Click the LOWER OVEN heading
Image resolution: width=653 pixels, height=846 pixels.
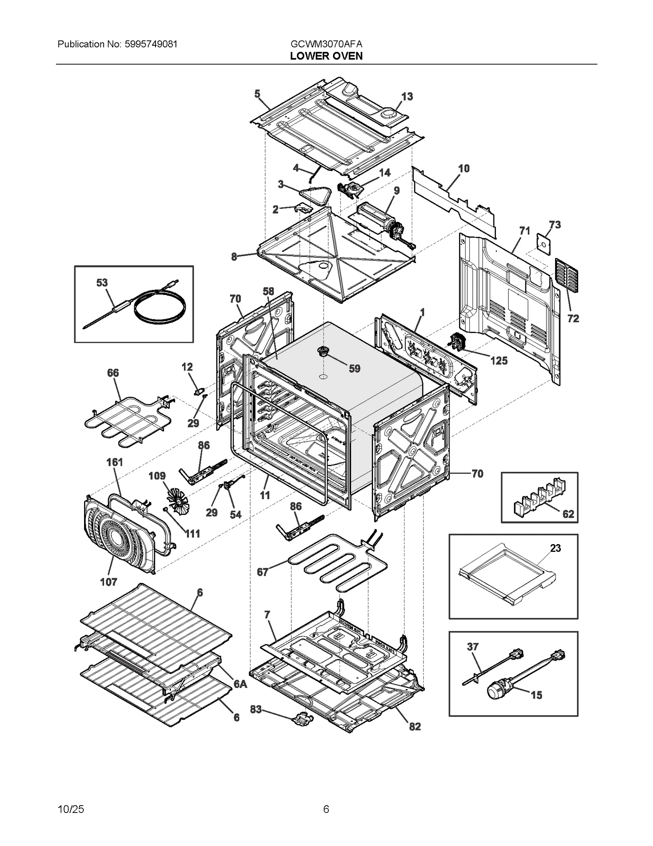[x=326, y=56]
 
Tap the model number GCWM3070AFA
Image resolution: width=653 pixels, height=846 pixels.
[x=326, y=44]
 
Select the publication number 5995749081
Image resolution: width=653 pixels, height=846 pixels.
[x=149, y=44]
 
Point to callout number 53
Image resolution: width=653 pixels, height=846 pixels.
[x=102, y=283]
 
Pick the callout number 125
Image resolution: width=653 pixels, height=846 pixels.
[x=499, y=360]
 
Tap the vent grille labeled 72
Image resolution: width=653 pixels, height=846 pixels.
[x=566, y=275]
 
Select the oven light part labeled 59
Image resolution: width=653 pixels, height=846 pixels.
[x=323, y=351]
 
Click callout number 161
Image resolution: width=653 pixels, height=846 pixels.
[x=115, y=462]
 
